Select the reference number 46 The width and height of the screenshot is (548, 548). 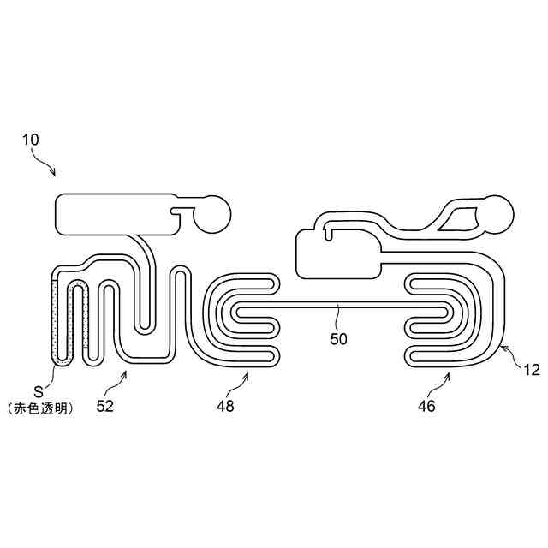click(x=426, y=406)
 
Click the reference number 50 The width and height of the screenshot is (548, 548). click(x=339, y=338)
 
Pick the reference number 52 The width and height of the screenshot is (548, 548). click(x=104, y=406)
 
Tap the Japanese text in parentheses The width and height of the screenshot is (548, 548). click(x=39, y=409)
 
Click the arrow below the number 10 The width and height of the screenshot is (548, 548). click(x=46, y=163)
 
